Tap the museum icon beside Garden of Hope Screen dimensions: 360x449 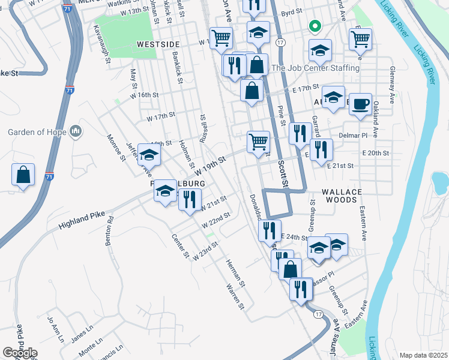76,131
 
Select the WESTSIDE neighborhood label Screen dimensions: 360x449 158,44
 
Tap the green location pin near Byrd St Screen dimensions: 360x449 313,27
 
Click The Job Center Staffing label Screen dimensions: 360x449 315,68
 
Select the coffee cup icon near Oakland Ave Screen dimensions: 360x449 360,104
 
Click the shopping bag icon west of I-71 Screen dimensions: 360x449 23,175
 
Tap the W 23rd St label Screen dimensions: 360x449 205,249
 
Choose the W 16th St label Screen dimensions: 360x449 144,95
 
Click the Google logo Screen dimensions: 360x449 20,353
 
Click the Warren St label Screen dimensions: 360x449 235,298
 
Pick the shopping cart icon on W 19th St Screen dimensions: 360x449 258,142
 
